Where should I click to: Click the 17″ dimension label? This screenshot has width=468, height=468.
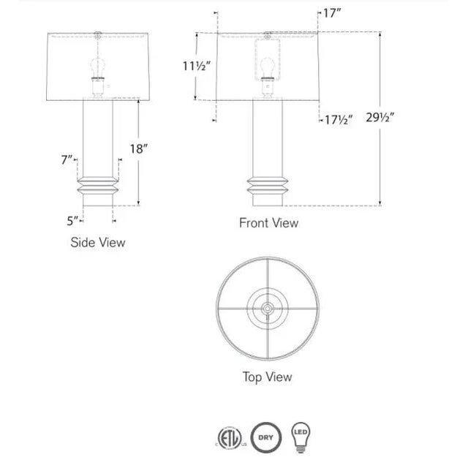click(332, 13)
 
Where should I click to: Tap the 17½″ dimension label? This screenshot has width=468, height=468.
click(339, 120)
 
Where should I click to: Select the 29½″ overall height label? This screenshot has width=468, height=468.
click(380, 118)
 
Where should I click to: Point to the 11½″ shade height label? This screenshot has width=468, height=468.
click(197, 66)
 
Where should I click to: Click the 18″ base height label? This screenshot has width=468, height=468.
click(139, 148)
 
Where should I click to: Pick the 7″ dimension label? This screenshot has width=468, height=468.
click(67, 160)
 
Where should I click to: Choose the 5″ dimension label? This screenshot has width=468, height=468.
click(72, 221)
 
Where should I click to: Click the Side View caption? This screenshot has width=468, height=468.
click(98, 242)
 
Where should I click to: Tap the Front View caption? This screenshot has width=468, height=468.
click(268, 223)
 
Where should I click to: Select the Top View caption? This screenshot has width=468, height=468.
click(267, 377)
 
